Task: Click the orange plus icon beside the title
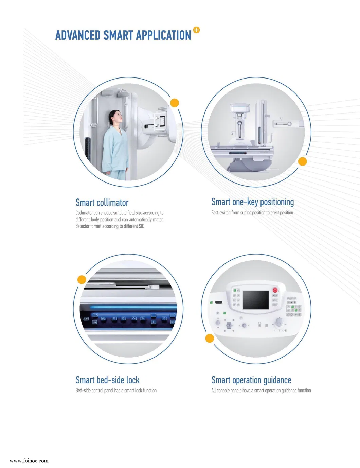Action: click(x=196, y=30)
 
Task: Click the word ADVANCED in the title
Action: click(x=78, y=35)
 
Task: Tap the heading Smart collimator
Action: click(x=102, y=203)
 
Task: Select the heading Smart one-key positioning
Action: click(x=253, y=202)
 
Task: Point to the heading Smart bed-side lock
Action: click(x=107, y=380)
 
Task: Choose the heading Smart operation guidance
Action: click(x=251, y=380)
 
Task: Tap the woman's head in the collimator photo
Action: click(x=116, y=118)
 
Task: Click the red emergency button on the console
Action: click(x=275, y=290)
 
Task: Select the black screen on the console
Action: click(x=256, y=300)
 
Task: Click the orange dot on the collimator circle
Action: click(x=175, y=103)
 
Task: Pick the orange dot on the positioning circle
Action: click(x=302, y=161)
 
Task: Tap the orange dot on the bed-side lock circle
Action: click(x=82, y=280)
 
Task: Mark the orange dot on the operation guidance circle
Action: click(x=210, y=338)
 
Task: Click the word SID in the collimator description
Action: click(x=142, y=226)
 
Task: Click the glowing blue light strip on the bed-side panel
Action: click(x=133, y=307)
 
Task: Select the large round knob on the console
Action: click(x=279, y=324)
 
